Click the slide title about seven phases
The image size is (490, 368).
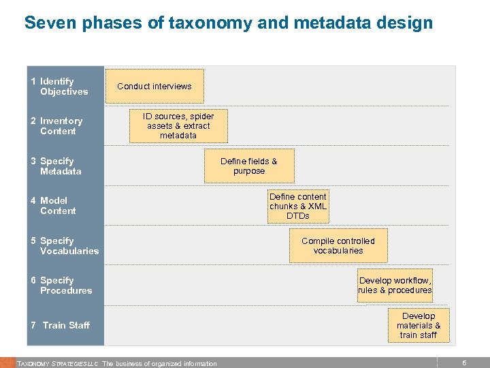[x=228, y=23]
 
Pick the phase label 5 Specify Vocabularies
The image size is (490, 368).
[x=65, y=246]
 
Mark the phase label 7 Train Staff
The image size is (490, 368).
[x=61, y=325]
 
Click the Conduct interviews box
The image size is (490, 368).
[x=154, y=87]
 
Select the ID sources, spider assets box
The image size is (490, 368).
[x=178, y=126]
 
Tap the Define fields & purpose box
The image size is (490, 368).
[x=249, y=166]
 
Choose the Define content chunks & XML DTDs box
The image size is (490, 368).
[x=298, y=206]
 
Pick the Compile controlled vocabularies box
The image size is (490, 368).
[x=338, y=246]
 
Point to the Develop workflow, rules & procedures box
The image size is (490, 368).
[x=395, y=286]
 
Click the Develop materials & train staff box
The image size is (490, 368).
[x=419, y=326]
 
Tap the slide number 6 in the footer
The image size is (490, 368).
[x=463, y=363]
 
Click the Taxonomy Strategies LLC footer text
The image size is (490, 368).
[x=57, y=363]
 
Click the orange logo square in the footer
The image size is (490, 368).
[x=7, y=363]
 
